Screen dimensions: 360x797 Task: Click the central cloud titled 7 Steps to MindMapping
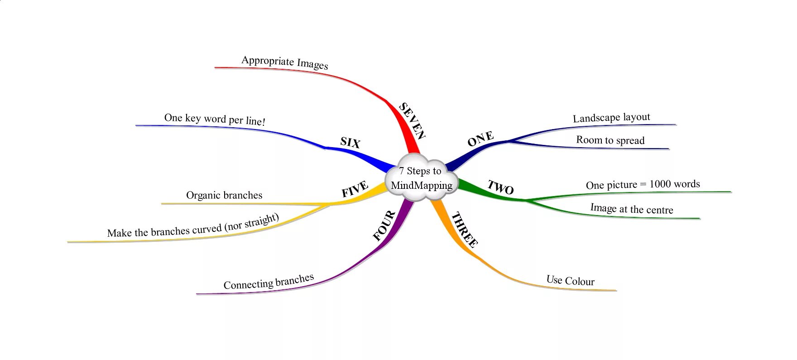coord(421,179)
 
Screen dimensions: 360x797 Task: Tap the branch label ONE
coord(480,139)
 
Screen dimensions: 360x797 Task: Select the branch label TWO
coord(500,187)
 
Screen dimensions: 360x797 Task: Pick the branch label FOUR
coord(384,226)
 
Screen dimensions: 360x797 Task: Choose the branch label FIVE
coord(355,189)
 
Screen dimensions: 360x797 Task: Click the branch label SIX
coord(350,143)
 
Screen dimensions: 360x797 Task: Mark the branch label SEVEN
coord(412,121)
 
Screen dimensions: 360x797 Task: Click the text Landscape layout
coord(611,118)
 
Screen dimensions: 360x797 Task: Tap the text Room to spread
coord(610,140)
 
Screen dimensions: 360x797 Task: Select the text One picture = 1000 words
coord(643,184)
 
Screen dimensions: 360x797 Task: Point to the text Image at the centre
coord(632,209)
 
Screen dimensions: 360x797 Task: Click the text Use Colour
coord(570,281)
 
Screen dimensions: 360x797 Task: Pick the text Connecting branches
coord(269,282)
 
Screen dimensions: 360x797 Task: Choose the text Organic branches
coord(224,195)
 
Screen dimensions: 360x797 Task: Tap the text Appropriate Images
coord(284,62)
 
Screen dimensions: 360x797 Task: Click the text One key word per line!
coord(215,119)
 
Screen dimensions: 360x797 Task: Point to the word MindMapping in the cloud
coord(422,185)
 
